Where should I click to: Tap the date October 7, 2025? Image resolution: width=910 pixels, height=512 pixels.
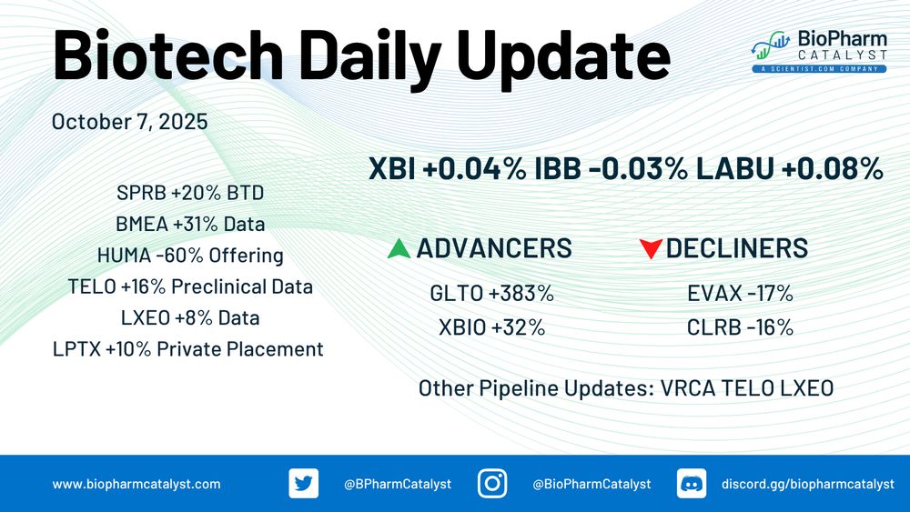point(129,122)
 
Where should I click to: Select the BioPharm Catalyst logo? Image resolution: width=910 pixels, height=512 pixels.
point(819,52)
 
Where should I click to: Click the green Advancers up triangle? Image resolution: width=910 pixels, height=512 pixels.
point(399,249)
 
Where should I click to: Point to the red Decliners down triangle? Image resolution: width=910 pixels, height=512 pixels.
point(651,249)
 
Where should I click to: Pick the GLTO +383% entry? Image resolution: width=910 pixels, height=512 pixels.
point(491,294)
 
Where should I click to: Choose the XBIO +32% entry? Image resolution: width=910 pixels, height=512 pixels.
point(491,327)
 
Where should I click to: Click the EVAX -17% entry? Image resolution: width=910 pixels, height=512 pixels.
point(740,294)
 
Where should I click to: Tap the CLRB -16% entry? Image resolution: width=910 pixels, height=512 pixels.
point(740,327)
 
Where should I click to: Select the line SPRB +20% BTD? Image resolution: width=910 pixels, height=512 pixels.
point(190,193)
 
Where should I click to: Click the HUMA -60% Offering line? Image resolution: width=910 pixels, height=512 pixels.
point(190,256)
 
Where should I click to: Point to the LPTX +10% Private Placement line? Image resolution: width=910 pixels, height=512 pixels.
point(188,349)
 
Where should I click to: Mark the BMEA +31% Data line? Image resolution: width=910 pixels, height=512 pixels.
point(190,224)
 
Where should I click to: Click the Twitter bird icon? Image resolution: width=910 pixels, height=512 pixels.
point(304,484)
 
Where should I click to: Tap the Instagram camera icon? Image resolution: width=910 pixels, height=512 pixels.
point(492,484)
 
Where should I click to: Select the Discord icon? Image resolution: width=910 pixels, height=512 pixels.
point(692,484)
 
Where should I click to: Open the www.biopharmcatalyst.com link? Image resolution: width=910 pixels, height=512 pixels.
point(136,484)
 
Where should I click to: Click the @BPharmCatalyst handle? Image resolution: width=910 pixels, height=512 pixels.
point(398,484)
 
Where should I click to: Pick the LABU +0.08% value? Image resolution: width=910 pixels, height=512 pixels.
point(789,169)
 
